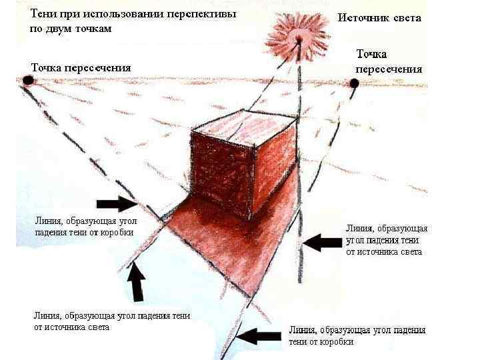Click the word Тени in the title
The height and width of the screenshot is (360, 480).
pos(42,13)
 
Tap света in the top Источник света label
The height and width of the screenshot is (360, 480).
pos(407,18)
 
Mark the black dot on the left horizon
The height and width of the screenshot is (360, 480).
pos(28,80)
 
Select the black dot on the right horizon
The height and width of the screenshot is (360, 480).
pos(354,83)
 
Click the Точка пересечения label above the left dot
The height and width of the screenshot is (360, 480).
pos(80,67)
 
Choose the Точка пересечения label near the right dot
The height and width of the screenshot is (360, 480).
pos(388,61)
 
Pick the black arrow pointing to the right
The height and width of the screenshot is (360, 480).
pos(117,203)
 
